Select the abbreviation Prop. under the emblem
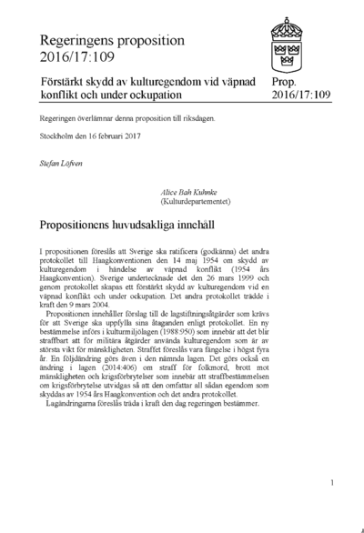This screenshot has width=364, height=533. [284, 82]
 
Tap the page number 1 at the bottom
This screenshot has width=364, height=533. [333, 483]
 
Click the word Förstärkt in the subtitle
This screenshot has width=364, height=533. [67, 82]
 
